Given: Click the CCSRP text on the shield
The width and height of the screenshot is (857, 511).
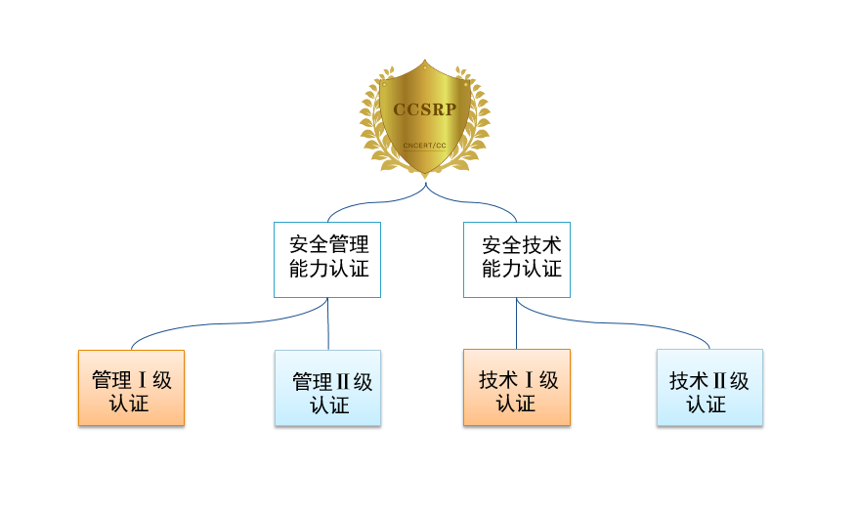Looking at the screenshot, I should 424,109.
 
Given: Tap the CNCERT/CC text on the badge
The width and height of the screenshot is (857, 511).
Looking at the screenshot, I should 424,146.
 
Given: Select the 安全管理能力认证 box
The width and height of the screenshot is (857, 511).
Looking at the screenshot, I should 326,260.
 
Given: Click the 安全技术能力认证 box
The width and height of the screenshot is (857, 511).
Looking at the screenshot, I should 516,260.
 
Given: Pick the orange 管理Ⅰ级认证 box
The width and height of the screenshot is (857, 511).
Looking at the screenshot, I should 131,388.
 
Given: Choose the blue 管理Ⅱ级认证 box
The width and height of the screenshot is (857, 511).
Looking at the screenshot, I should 328,388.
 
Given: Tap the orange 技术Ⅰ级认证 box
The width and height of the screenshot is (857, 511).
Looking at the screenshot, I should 516,388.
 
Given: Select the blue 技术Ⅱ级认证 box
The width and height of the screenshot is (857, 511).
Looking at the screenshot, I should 709,388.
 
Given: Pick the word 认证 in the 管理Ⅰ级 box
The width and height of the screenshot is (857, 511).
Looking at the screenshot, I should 131,403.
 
